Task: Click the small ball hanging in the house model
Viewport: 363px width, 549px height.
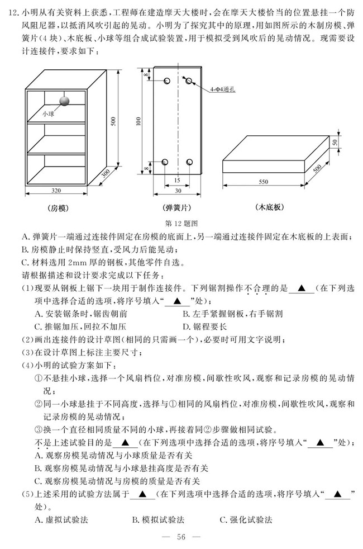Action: [65, 101]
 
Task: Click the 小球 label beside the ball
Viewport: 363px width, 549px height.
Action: [48, 113]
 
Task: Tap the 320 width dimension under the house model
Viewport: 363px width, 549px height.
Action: [56, 190]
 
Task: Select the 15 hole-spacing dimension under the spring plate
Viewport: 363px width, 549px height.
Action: [176, 181]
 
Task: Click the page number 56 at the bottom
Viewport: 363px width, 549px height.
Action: [180, 537]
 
